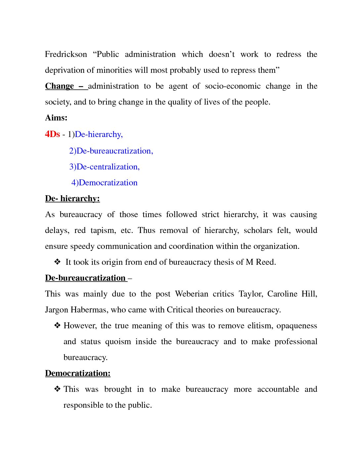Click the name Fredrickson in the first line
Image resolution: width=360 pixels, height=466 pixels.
tap(66, 54)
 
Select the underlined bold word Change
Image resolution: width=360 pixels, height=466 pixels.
tap(60, 86)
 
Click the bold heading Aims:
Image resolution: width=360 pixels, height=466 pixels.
tap(56, 118)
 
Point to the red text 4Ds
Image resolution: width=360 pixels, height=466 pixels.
tap(52, 134)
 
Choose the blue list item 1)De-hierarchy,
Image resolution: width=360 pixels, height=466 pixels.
tap(95, 134)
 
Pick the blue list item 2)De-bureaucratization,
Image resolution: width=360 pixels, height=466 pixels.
tap(111, 151)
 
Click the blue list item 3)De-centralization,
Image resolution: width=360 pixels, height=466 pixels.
tap(105, 167)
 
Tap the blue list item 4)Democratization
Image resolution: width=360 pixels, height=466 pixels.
tap(105, 183)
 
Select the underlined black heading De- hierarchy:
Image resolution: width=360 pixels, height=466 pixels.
tap(72, 199)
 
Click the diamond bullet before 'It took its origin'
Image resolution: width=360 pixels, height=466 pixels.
tap(57, 262)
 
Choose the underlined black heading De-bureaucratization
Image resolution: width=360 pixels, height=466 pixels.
tap(85, 278)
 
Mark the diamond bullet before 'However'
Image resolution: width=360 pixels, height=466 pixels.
tap(57, 325)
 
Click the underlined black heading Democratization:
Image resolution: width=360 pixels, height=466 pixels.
tap(78, 373)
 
